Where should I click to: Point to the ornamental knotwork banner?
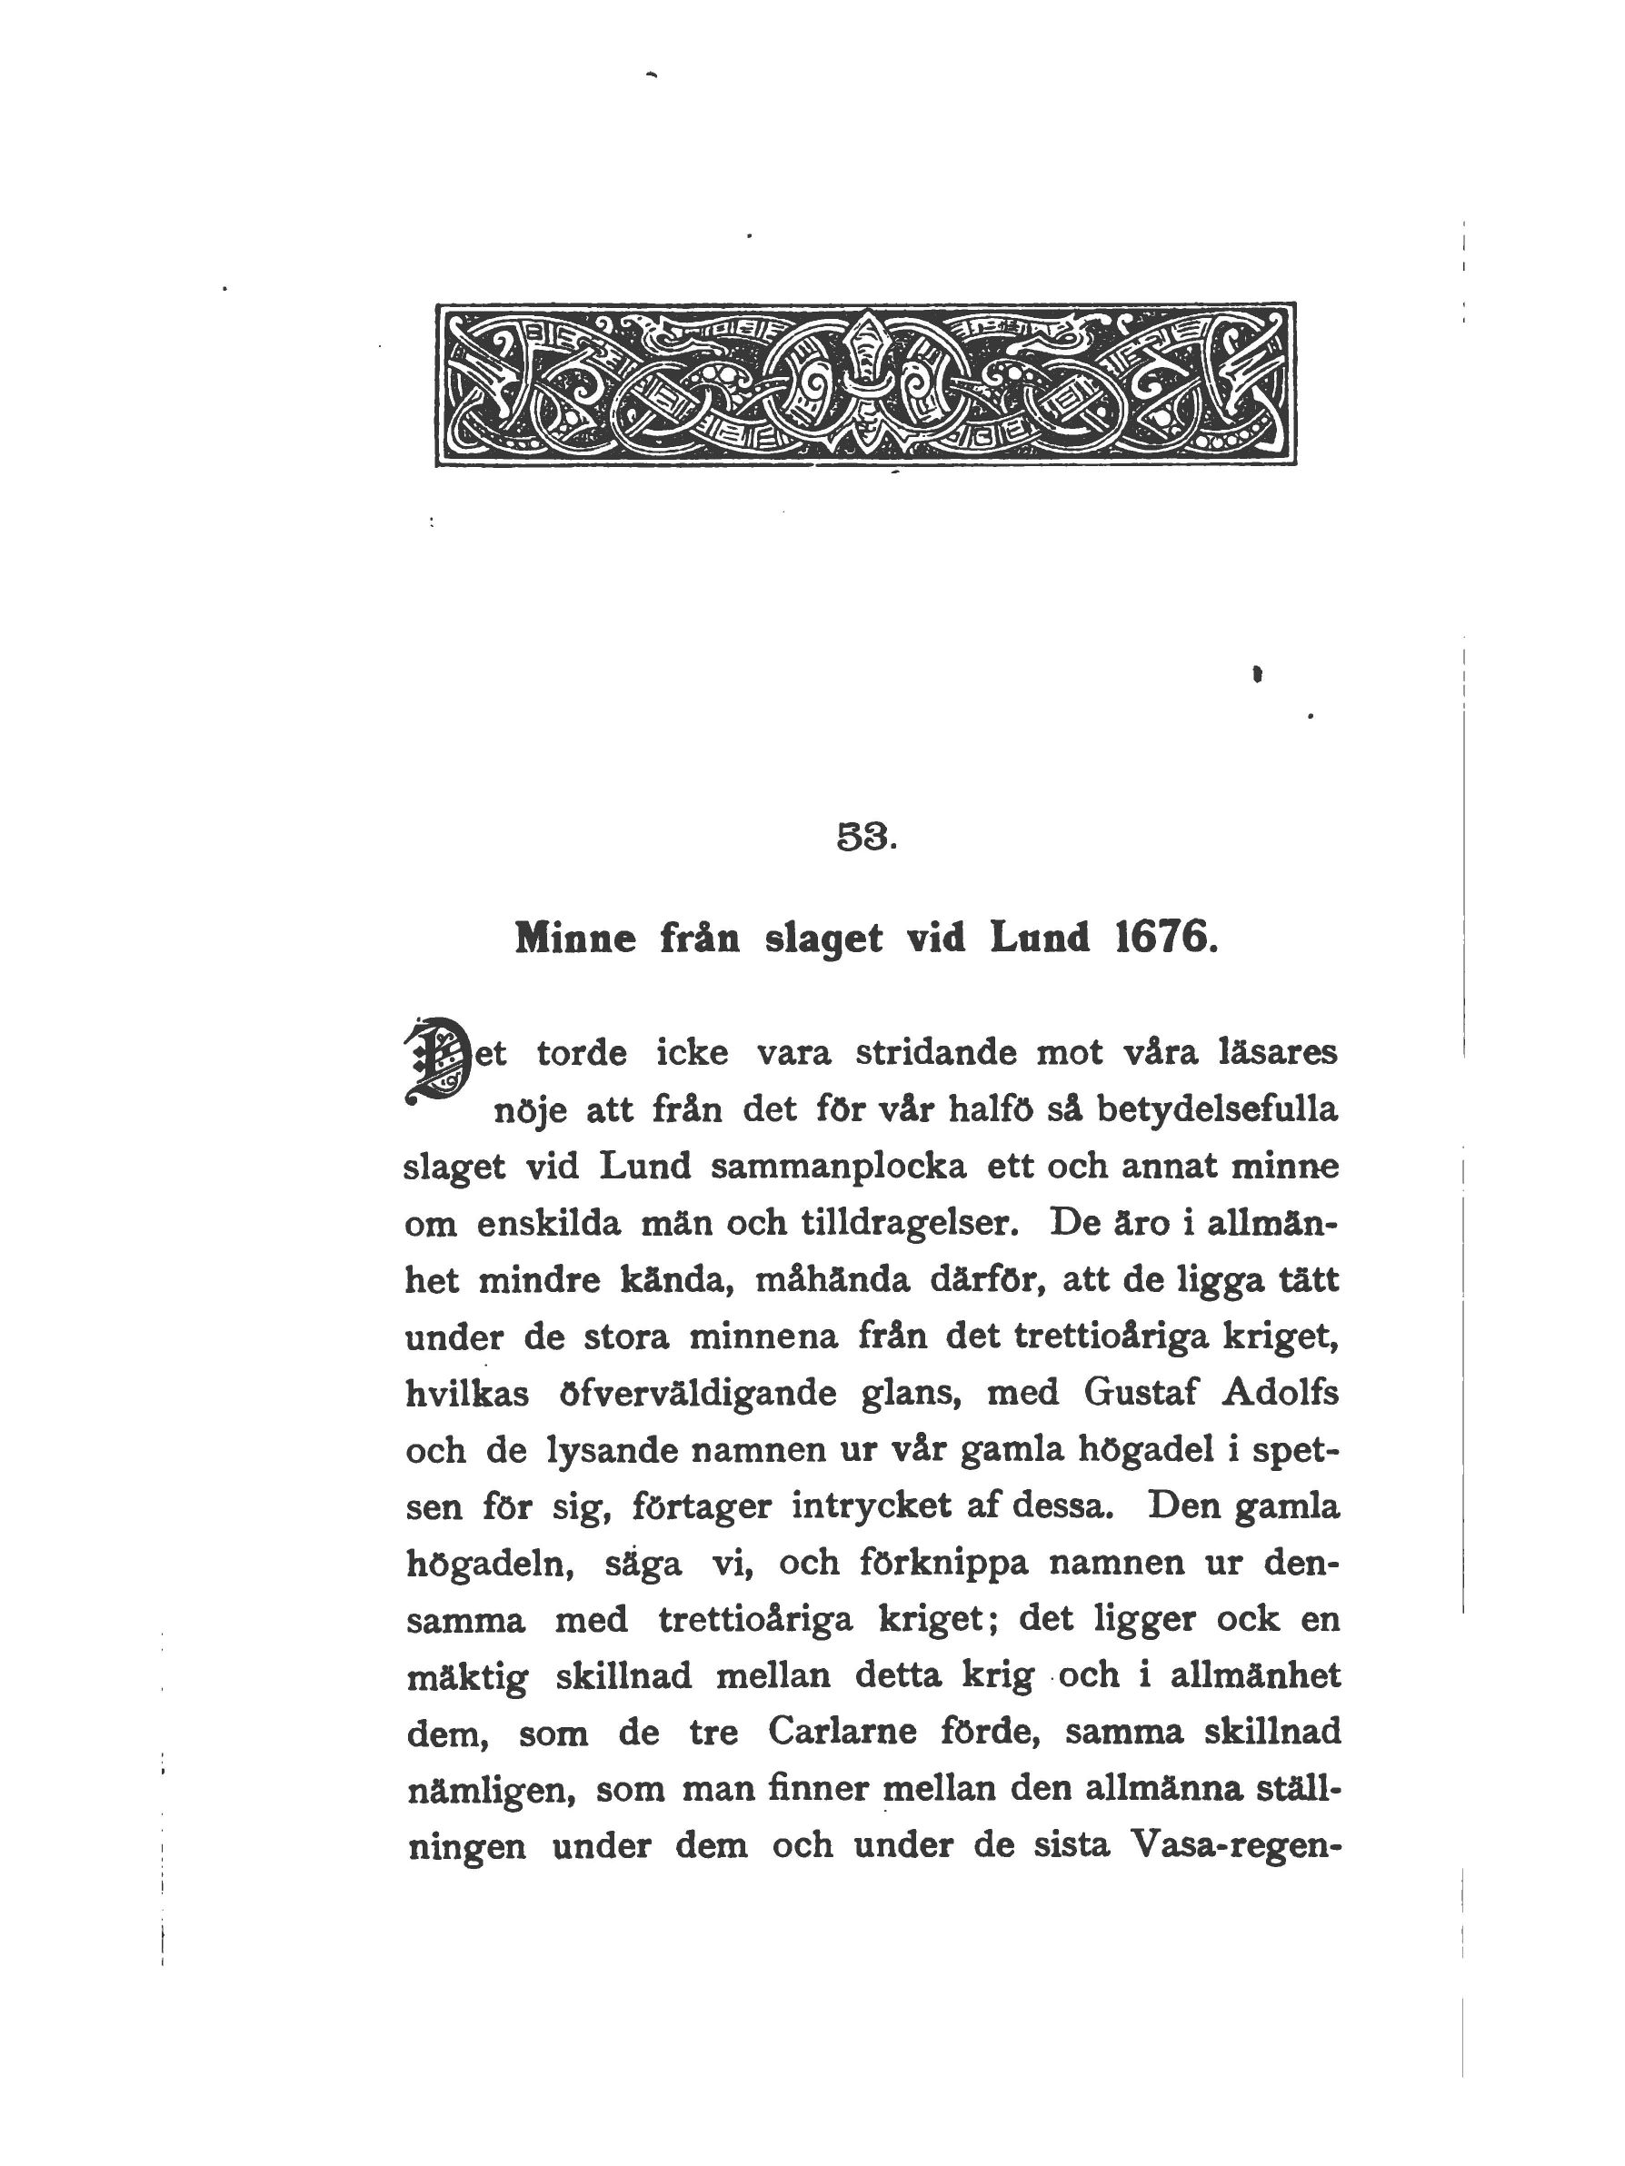(x=865, y=383)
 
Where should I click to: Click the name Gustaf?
(x=1141, y=1393)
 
